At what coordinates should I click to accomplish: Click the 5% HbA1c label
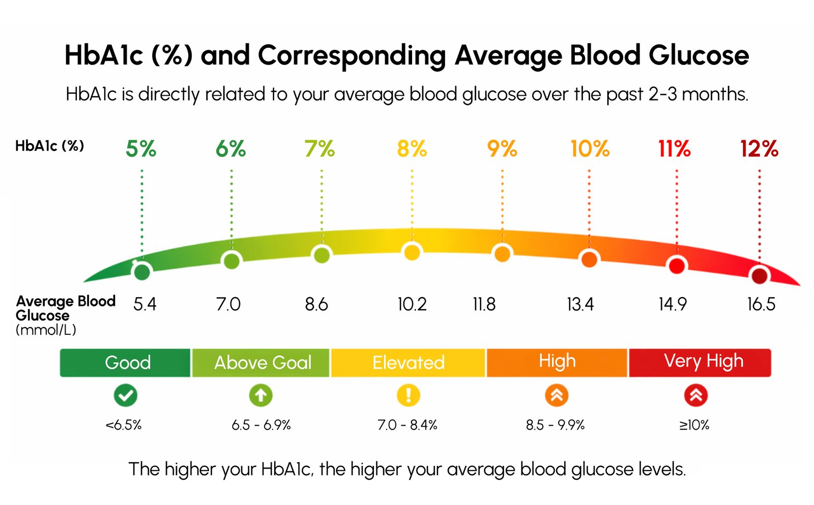[x=141, y=149]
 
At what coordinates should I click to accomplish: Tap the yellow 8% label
[x=412, y=149]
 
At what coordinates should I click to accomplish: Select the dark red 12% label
[x=759, y=149]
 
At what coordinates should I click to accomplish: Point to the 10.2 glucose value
[x=412, y=304]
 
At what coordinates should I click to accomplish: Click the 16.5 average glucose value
[x=761, y=304]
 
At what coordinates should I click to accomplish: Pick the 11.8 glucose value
[x=484, y=304]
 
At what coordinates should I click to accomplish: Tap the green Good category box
[x=126, y=362]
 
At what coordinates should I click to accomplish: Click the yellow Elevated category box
[x=408, y=362]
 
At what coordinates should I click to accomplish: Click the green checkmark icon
[x=126, y=395]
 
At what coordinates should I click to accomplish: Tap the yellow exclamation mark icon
[x=408, y=395]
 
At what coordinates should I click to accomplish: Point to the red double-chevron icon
[x=695, y=395]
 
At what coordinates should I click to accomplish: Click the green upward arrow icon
[x=260, y=395]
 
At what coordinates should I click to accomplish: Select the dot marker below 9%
[x=502, y=254]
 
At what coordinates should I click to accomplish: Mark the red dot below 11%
[x=676, y=266]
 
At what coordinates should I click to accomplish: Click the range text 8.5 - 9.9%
[x=555, y=425]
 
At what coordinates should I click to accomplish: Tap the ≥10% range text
[x=694, y=425]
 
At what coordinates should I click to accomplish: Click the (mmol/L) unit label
[x=46, y=330]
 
